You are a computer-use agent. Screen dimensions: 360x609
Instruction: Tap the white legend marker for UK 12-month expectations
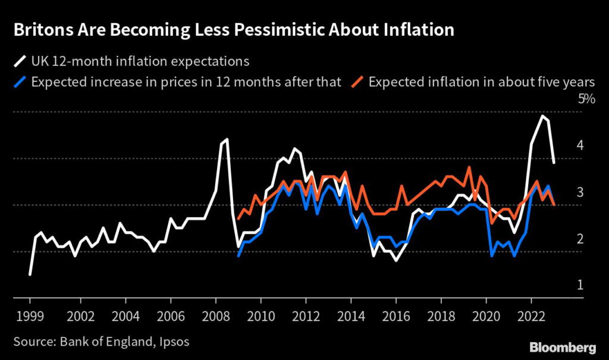click(20, 61)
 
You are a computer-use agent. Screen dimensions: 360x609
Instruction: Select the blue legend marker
click(20, 82)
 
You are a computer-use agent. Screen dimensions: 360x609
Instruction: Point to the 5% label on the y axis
click(586, 99)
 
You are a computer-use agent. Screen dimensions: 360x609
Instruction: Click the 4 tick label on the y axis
click(579, 145)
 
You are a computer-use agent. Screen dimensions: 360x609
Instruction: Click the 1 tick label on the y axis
click(579, 285)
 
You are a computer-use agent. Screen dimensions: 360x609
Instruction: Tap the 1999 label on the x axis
click(30, 315)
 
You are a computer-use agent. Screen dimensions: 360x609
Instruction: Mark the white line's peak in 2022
click(542, 116)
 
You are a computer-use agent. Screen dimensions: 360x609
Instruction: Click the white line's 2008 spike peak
click(227, 139)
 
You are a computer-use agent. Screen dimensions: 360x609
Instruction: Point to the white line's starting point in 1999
click(30, 274)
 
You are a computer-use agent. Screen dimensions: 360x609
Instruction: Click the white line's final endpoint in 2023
click(554, 162)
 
